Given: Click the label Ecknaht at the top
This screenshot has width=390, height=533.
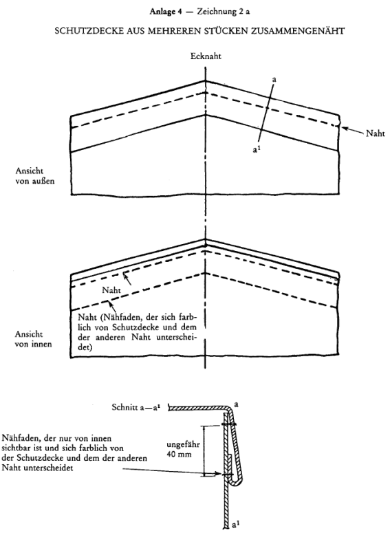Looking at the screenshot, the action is point(206,56).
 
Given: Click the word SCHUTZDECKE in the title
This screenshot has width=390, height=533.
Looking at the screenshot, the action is point(80,31).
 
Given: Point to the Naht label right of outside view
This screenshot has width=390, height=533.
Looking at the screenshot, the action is point(376,133).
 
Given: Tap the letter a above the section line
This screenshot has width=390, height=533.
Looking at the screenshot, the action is point(274,80).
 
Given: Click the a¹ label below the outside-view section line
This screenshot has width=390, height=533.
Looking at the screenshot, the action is point(257,148).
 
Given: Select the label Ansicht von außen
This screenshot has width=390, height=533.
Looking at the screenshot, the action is point(34,176).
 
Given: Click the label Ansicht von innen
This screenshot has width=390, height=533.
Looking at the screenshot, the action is point(34,339).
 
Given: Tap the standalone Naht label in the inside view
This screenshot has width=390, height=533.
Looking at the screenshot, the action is point(111,290).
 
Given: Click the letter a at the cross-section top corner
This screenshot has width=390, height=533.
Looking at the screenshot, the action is point(236,404).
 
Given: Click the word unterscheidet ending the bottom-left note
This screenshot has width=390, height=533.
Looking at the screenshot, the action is point(47,468).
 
